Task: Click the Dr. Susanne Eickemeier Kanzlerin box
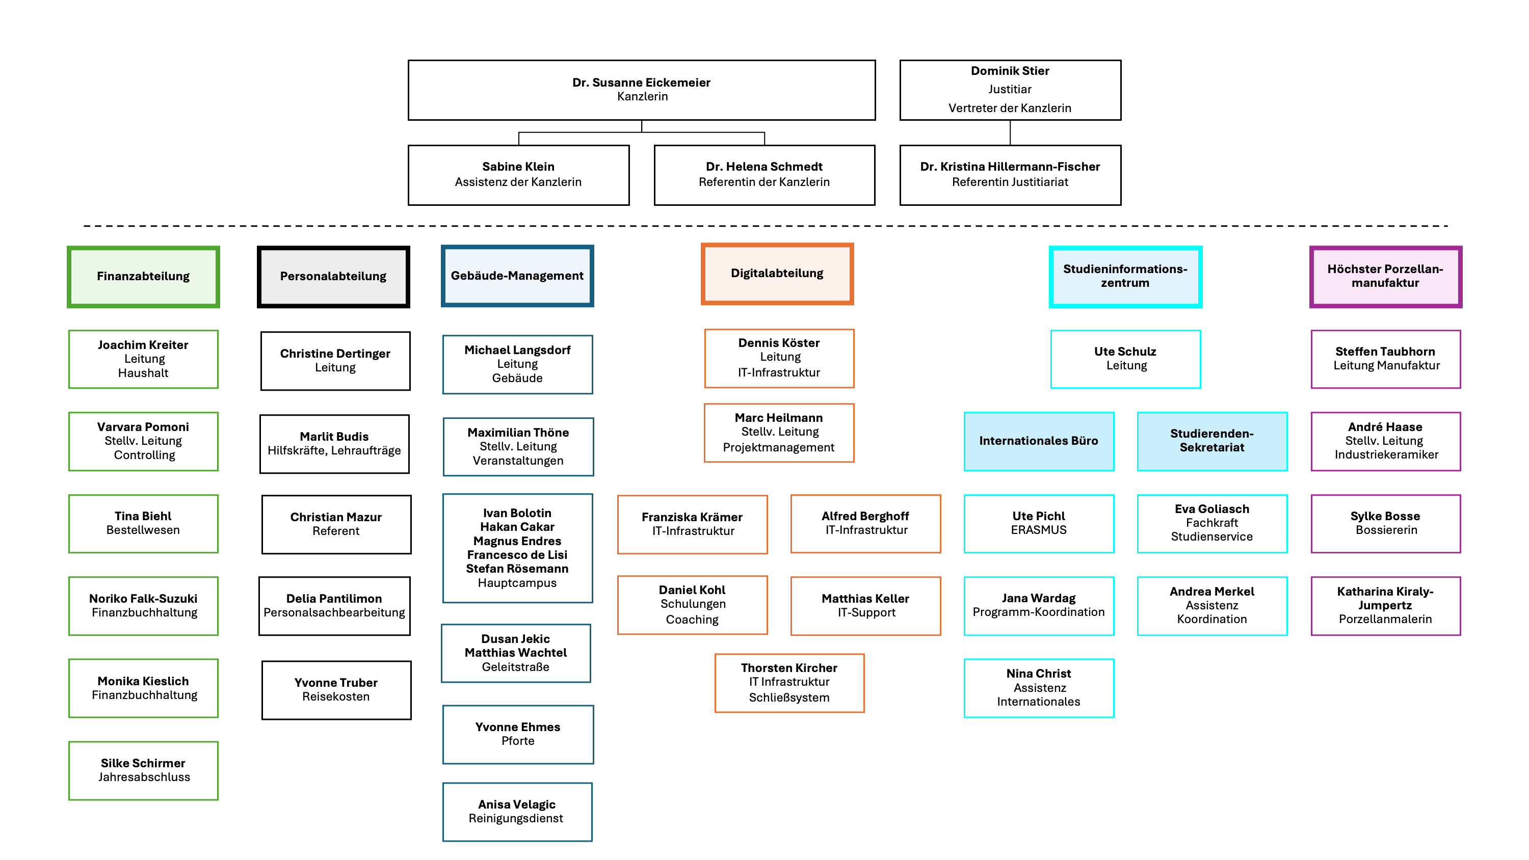click(641, 90)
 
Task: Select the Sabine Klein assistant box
click(518, 174)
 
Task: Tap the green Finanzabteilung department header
click(143, 277)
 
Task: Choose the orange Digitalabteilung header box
click(776, 274)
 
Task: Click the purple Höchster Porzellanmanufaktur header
click(1385, 277)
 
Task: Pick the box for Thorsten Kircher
click(789, 683)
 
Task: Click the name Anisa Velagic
click(516, 804)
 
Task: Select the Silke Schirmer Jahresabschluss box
click(143, 770)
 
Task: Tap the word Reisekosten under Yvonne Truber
click(335, 697)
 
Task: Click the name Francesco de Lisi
click(516, 555)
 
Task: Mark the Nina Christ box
click(1038, 687)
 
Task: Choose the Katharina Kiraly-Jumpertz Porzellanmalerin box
click(1385, 605)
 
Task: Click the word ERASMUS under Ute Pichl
click(1038, 530)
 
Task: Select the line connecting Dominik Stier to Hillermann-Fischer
click(1010, 133)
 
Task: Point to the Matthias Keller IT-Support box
click(865, 605)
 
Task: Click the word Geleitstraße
click(515, 667)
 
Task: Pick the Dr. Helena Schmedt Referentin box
click(764, 174)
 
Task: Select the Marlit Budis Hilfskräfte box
click(334, 443)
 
